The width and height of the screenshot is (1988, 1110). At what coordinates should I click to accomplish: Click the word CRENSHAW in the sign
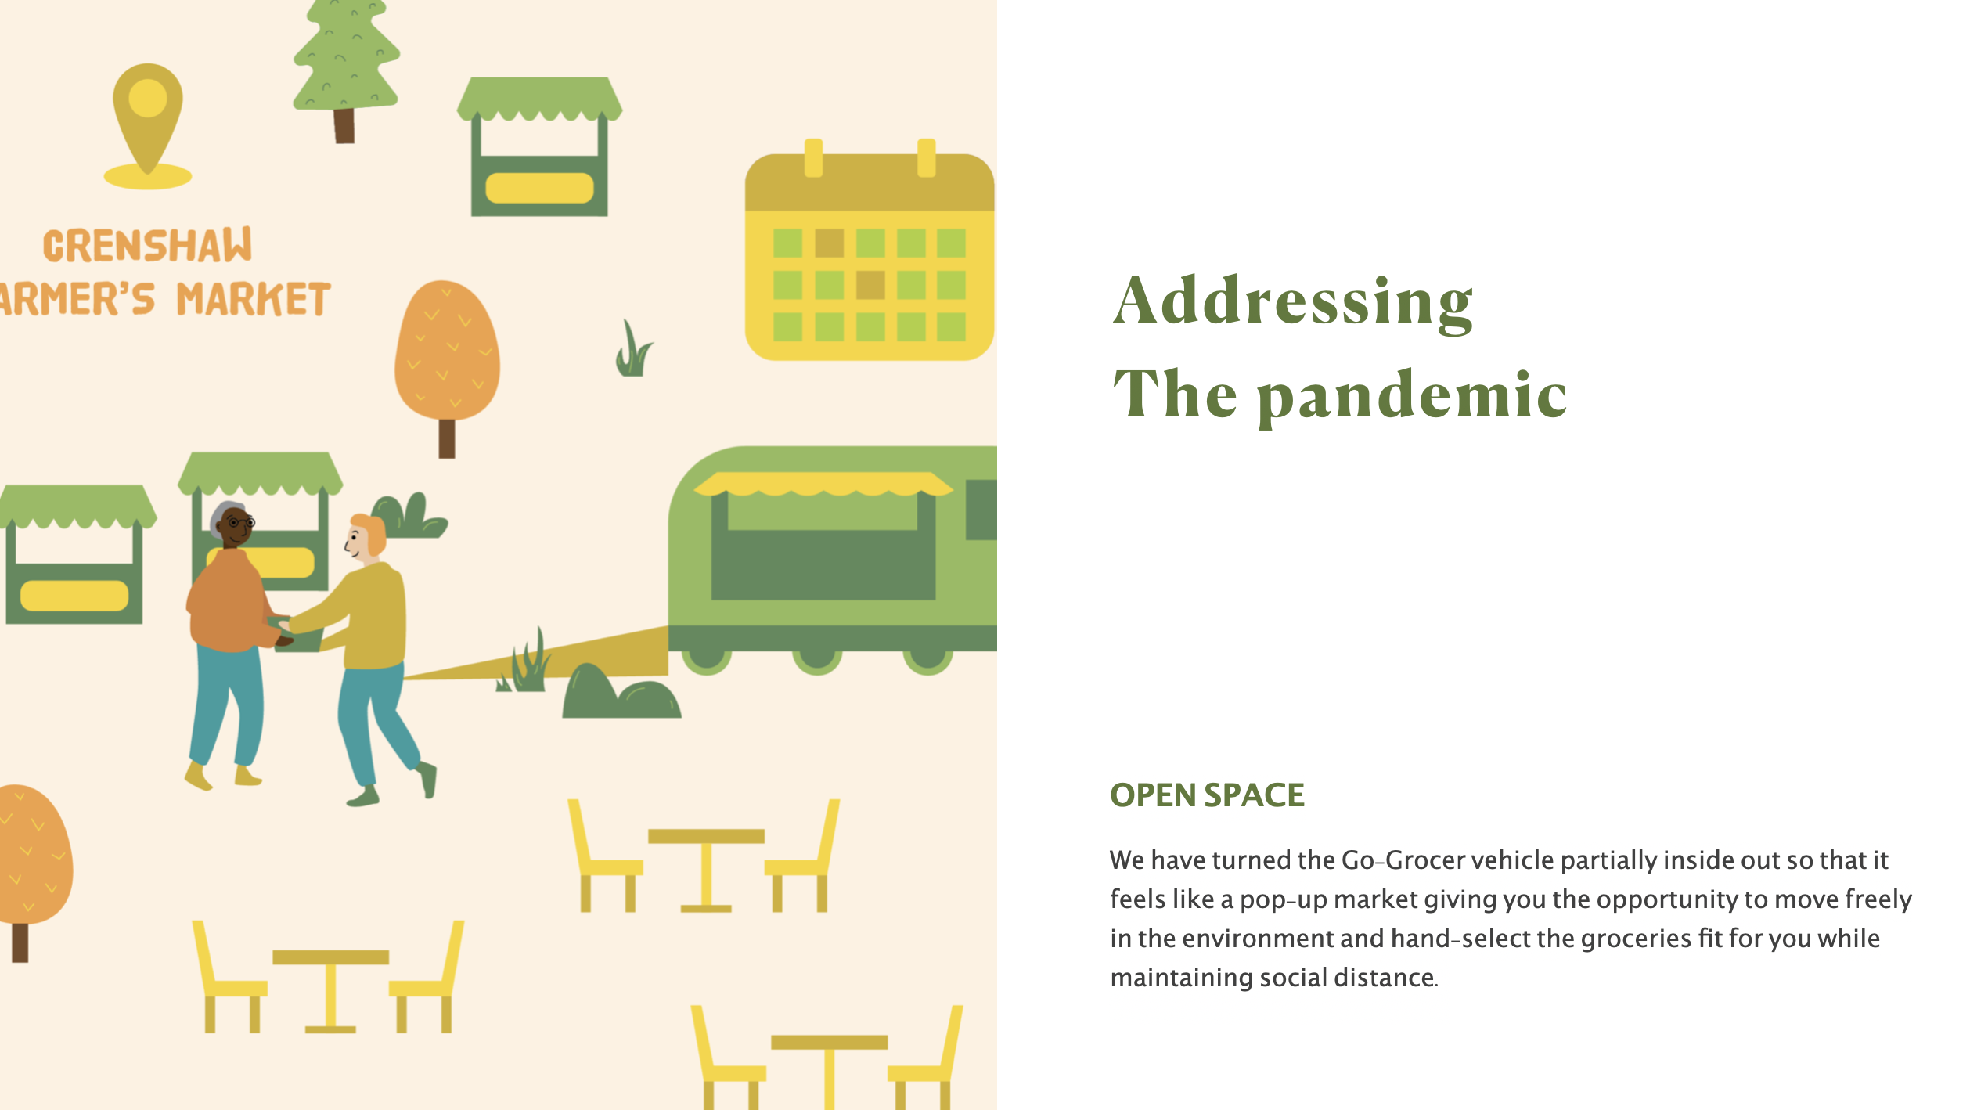click(147, 245)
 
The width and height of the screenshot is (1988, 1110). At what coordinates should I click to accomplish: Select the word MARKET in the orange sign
click(254, 299)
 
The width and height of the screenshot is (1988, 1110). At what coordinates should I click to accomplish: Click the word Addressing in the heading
click(1293, 302)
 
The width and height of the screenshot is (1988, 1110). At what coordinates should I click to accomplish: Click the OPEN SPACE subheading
click(1207, 795)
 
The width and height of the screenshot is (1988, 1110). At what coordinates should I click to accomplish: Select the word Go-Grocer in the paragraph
click(1403, 860)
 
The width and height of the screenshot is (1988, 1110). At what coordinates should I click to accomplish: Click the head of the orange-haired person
click(366, 537)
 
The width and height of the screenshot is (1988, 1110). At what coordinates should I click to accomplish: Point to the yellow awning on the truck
click(823, 484)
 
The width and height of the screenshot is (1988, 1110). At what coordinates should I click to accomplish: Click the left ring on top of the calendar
click(813, 157)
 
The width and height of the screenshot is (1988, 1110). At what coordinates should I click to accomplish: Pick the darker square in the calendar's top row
click(830, 243)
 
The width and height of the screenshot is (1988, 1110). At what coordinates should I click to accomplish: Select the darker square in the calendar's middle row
click(870, 285)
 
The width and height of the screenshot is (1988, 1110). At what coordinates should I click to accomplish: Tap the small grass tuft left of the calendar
click(633, 349)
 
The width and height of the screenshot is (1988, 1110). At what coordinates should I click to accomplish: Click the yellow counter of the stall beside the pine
click(539, 188)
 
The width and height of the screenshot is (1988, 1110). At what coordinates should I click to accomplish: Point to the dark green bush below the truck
click(621, 692)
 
